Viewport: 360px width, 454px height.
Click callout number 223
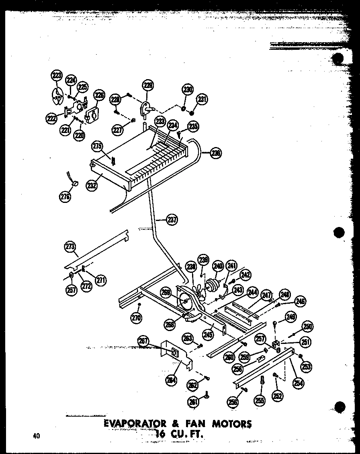click(x=57, y=76)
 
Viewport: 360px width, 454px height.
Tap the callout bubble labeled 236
click(x=216, y=153)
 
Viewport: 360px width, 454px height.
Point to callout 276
click(x=65, y=196)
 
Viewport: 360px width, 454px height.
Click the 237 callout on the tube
click(x=172, y=219)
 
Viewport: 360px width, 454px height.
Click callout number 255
click(x=259, y=400)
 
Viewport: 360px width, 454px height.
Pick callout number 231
click(x=201, y=99)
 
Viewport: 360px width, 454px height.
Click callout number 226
click(x=99, y=96)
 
